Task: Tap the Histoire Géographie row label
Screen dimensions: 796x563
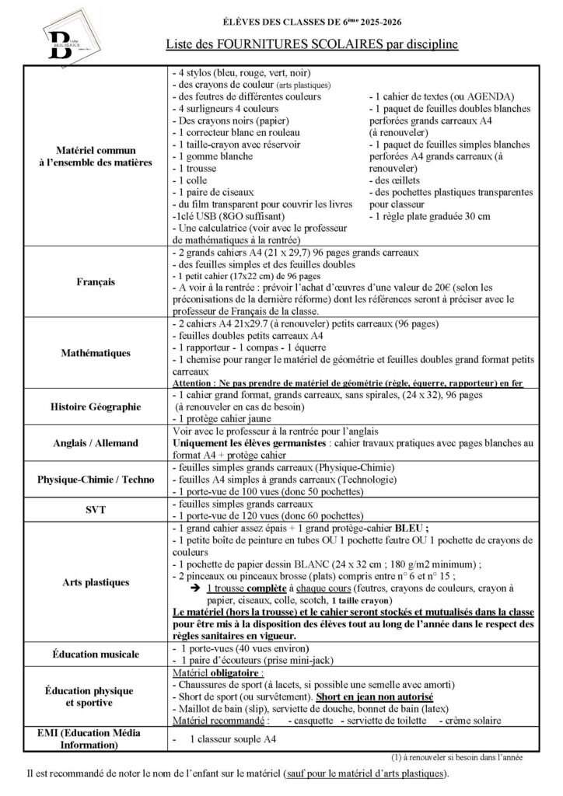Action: (x=96, y=406)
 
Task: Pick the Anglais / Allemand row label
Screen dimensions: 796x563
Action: (x=96, y=442)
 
